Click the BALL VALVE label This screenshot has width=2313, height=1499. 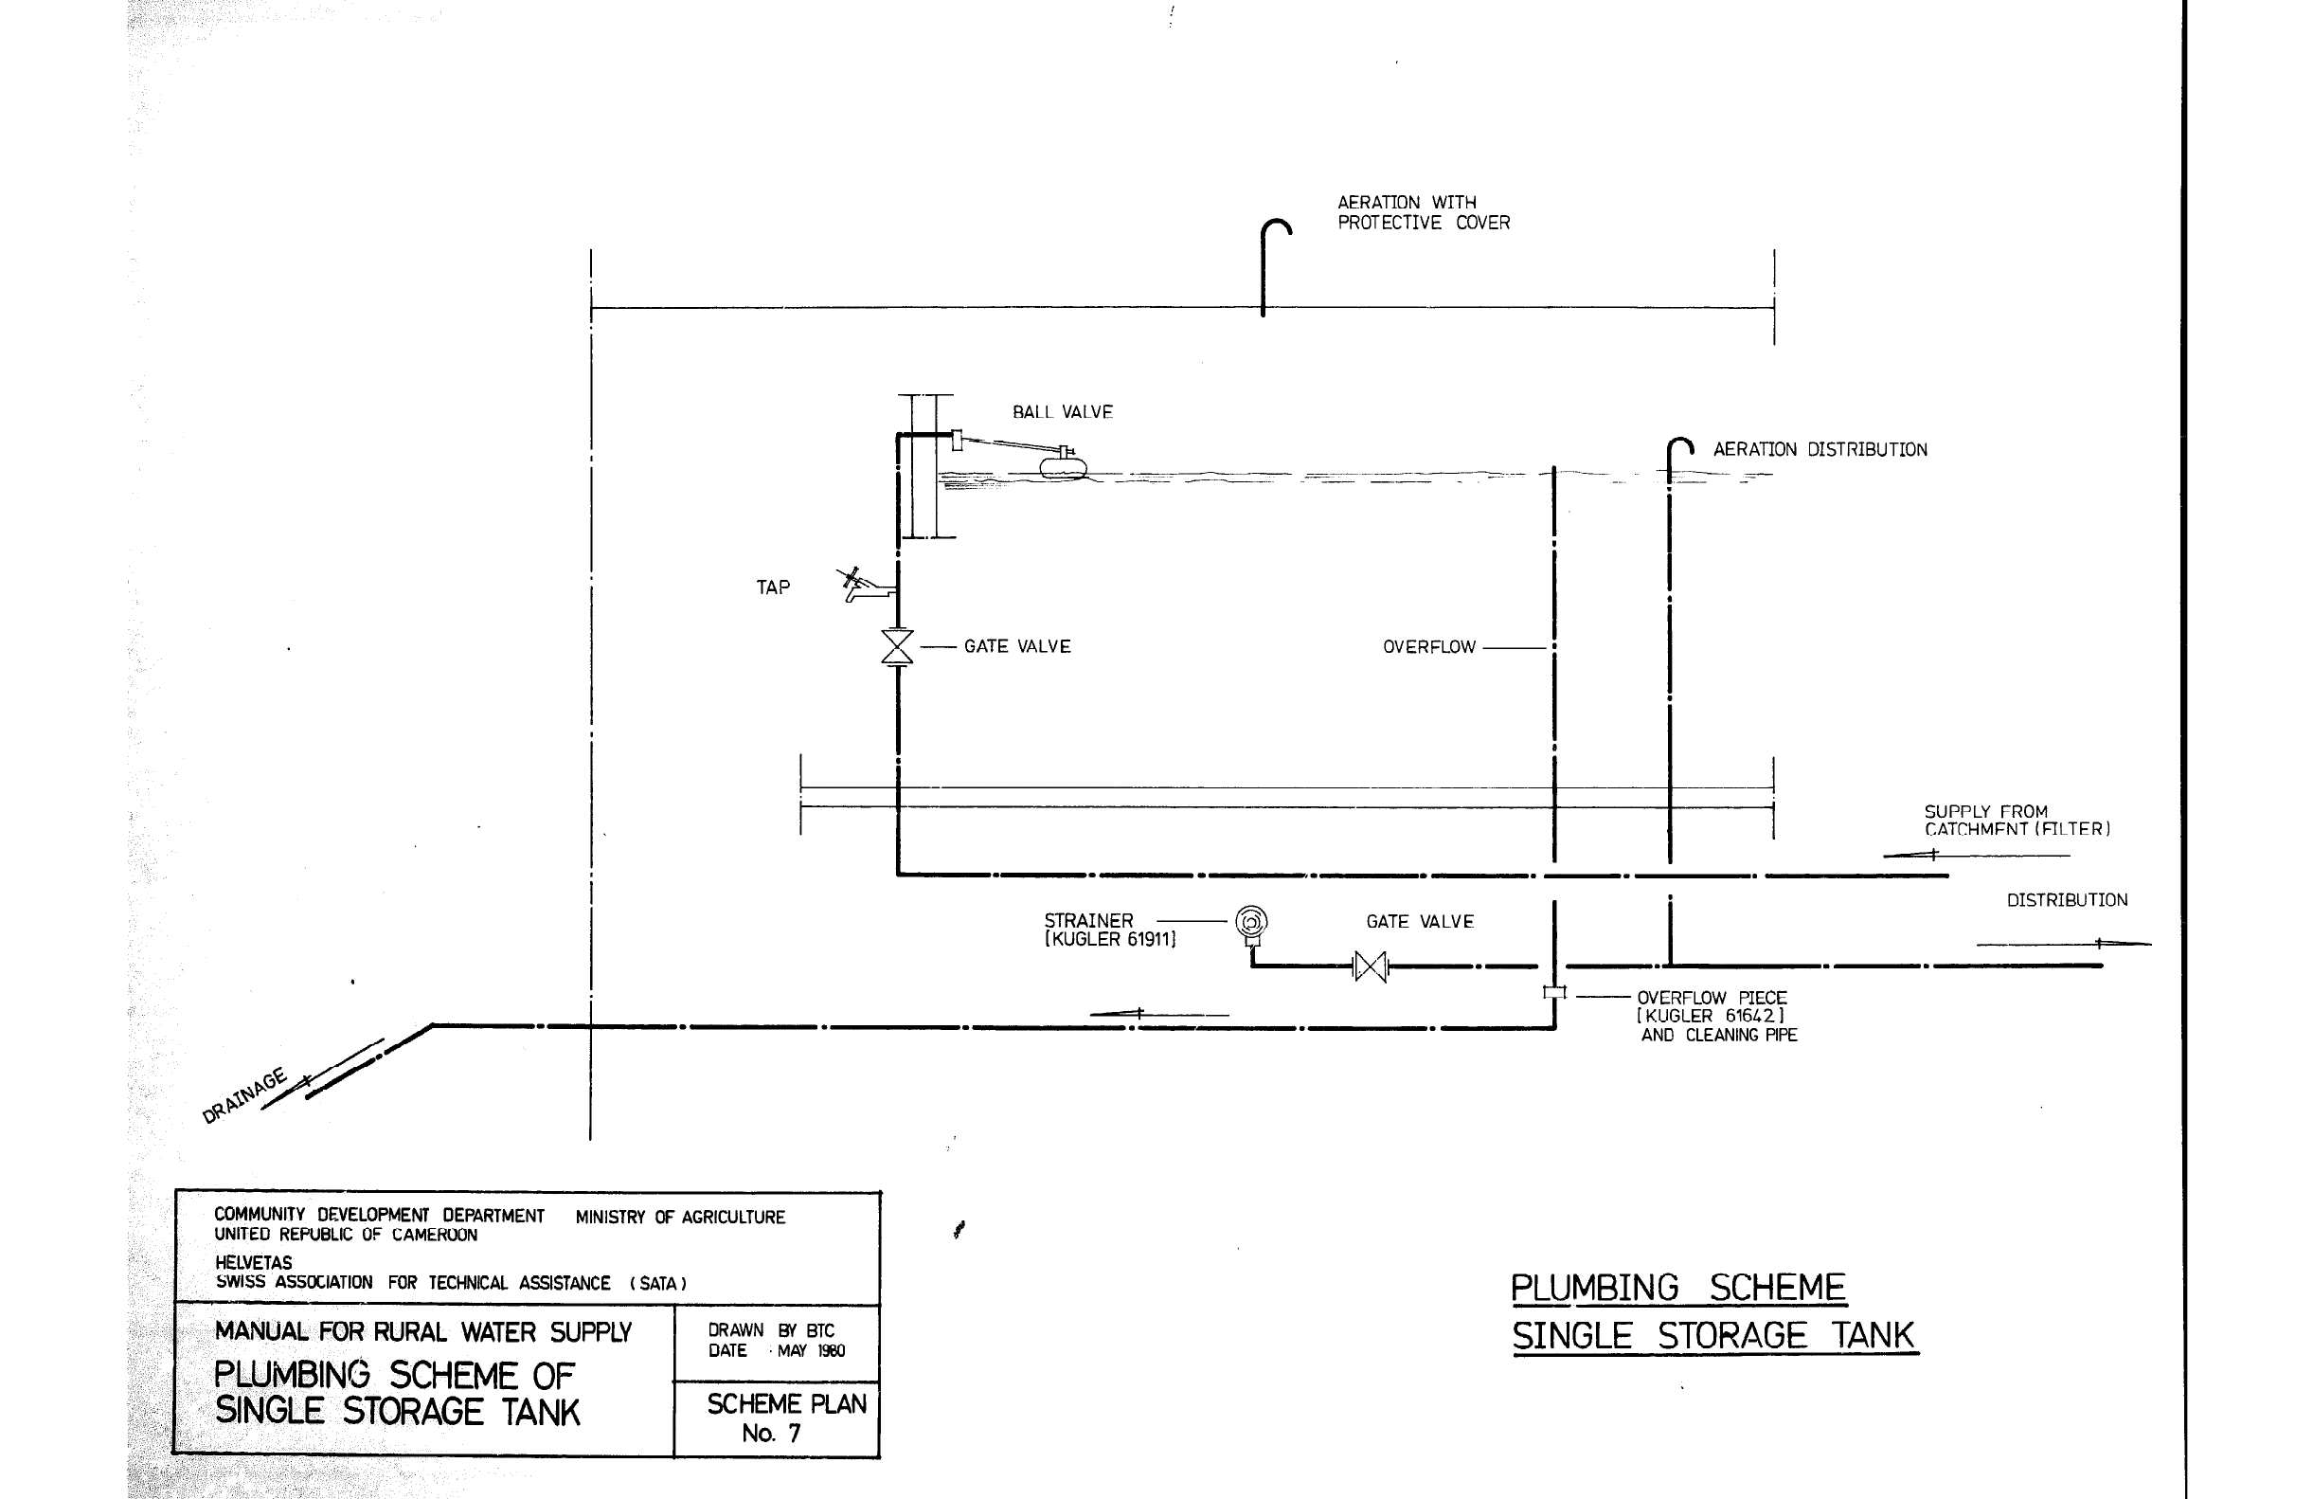click(1062, 412)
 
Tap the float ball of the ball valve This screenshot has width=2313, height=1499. click(1063, 467)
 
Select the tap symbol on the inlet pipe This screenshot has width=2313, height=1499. click(866, 586)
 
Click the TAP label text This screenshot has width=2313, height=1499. click(773, 587)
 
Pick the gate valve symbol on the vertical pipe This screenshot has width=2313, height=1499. click(897, 646)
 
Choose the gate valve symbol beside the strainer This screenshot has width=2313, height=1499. click(1371, 966)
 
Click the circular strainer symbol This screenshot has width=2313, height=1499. click(1251, 920)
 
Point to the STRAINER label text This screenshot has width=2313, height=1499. click(1088, 921)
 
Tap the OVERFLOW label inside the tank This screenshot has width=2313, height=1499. click(1428, 647)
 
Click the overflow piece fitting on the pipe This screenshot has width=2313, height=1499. click(1554, 992)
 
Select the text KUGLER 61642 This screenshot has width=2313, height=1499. click(1711, 1016)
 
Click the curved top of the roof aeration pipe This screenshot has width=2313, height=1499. click(1276, 225)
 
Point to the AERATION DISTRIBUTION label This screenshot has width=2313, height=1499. click(1820, 450)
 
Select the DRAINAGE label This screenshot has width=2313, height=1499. click(244, 1095)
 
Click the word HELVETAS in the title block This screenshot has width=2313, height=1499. click(253, 1263)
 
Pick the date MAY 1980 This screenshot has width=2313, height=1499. click(811, 1350)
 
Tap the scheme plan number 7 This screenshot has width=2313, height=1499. click(793, 1433)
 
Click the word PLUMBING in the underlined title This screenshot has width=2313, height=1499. click(1594, 1288)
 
